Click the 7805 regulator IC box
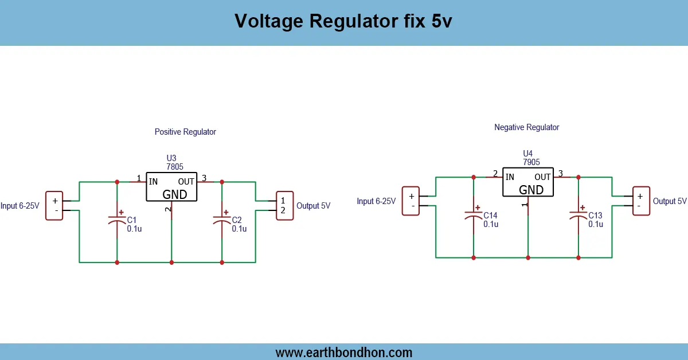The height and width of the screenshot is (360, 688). tap(171, 187)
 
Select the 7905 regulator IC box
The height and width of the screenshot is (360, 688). tap(528, 182)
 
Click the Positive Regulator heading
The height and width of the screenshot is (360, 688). tap(185, 132)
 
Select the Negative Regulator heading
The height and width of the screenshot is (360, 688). tap(526, 127)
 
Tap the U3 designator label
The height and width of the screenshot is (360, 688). tap(171, 158)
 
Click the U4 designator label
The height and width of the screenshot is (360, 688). tap(528, 153)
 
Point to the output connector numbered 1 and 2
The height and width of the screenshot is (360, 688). tap(284, 205)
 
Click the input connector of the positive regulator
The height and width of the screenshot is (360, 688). tap(54, 205)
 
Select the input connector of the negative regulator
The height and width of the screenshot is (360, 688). tap(411, 201)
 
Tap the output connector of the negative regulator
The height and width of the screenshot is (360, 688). tap(641, 201)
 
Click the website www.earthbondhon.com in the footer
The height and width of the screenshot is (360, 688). tap(343, 352)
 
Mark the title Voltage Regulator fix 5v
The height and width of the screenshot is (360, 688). tap(343, 21)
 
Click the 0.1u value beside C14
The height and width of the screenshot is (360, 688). tap(491, 224)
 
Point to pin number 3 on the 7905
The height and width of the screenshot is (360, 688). tap(560, 174)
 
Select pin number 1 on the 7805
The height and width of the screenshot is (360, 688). tap(139, 178)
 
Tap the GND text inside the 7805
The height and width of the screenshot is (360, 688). tap(175, 194)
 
